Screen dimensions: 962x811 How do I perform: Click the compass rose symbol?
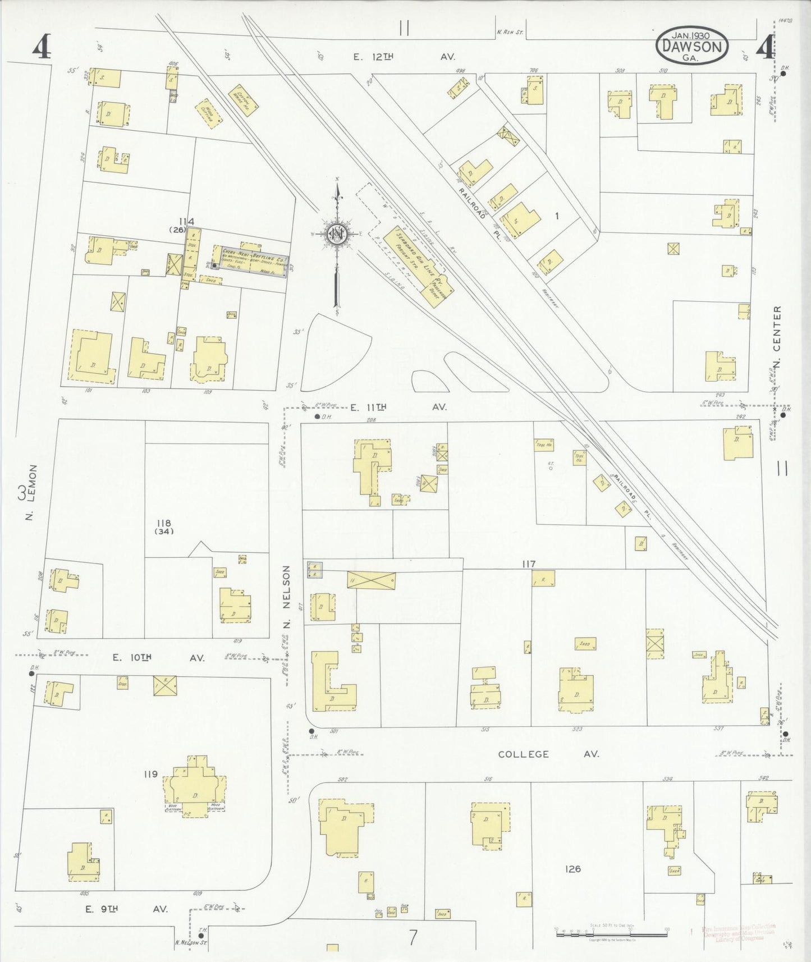(x=337, y=235)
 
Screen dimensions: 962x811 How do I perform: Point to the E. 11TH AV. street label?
(x=399, y=407)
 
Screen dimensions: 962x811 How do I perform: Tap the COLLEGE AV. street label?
(x=548, y=754)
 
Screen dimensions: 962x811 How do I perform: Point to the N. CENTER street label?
(x=777, y=338)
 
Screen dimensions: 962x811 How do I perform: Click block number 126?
(x=572, y=869)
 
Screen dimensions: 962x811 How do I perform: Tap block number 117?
(x=528, y=564)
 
